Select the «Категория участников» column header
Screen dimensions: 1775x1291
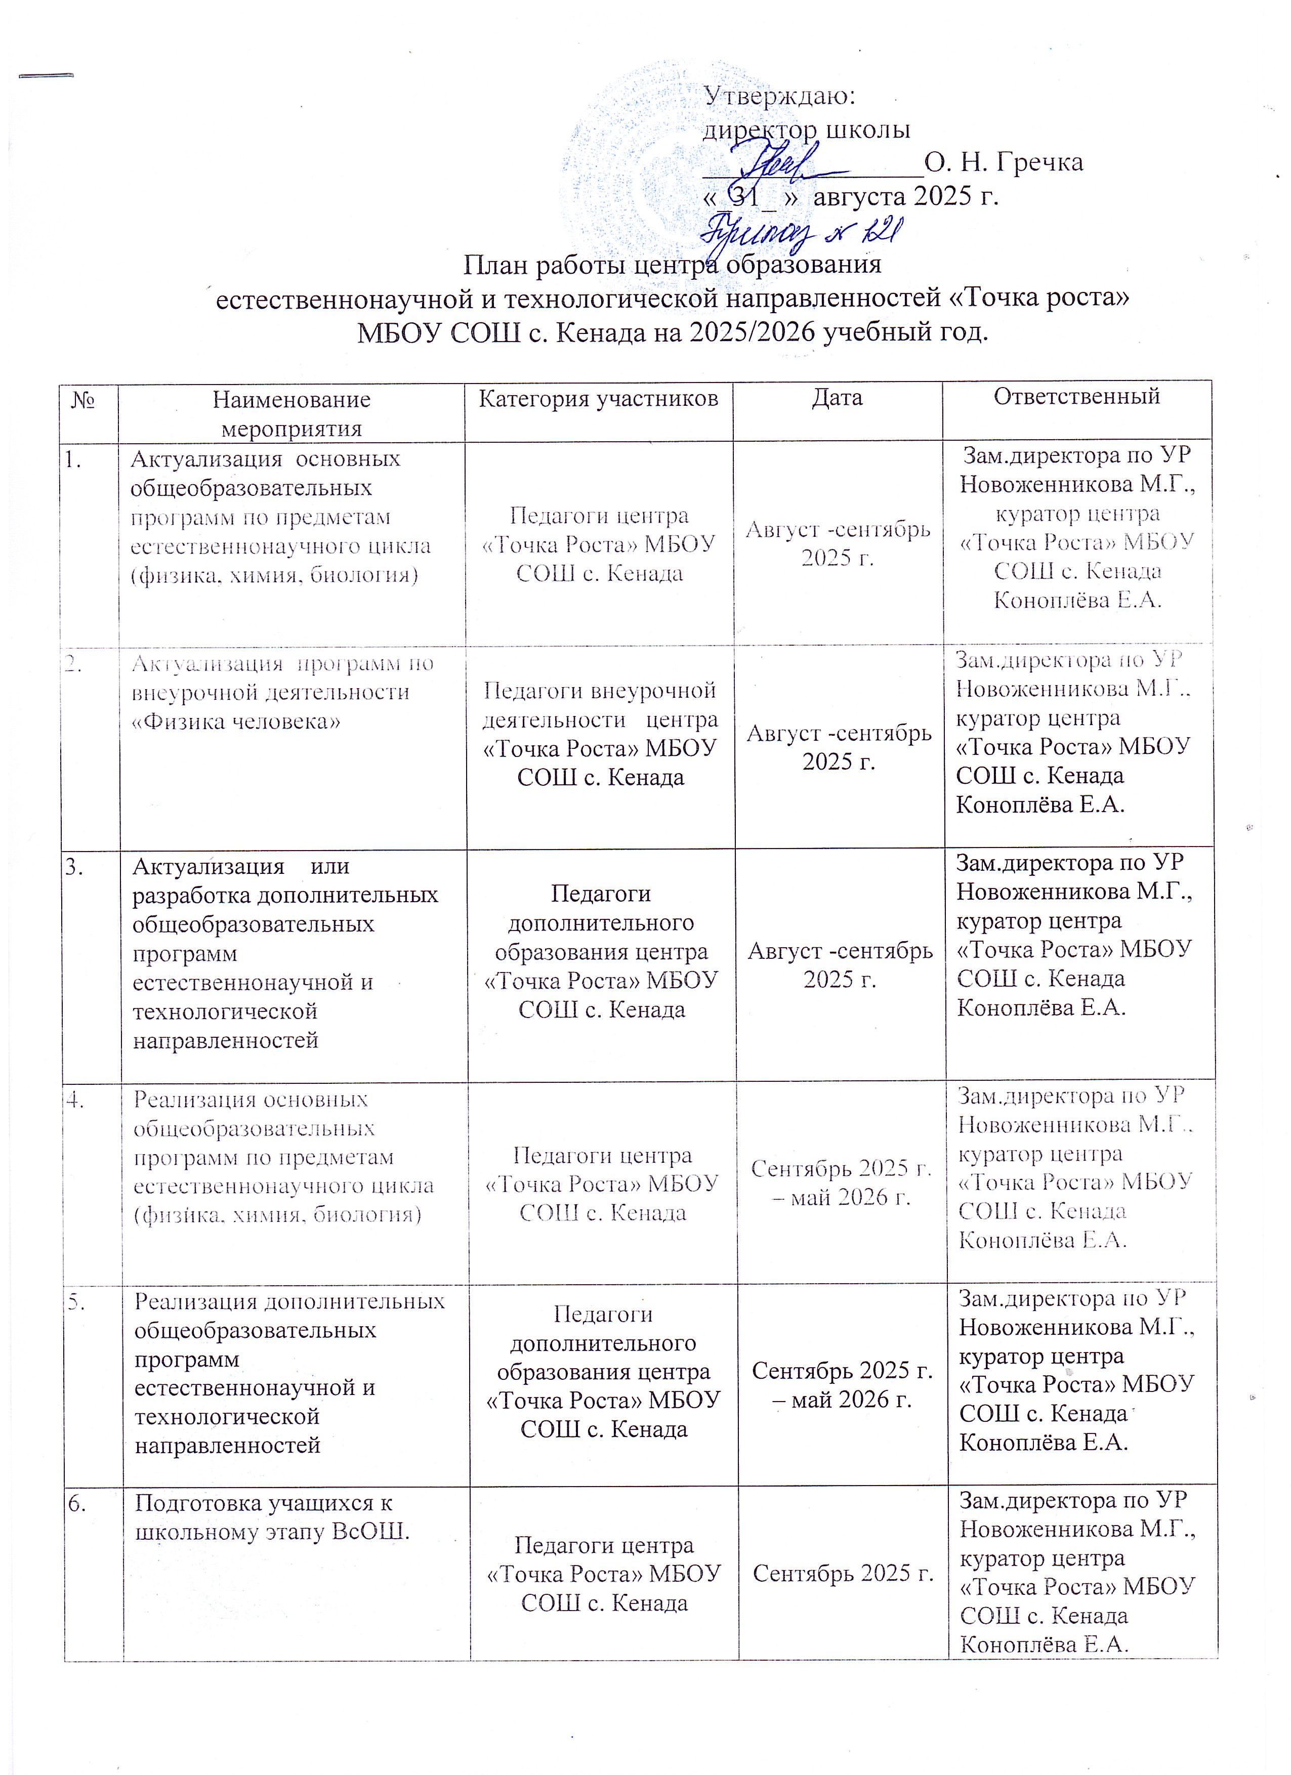click(x=598, y=399)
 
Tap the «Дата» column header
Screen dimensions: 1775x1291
click(x=837, y=398)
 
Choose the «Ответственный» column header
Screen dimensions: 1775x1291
click(x=1076, y=396)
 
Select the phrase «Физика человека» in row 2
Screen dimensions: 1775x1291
click(x=236, y=722)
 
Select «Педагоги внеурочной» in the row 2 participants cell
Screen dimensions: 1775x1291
click(x=600, y=690)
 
